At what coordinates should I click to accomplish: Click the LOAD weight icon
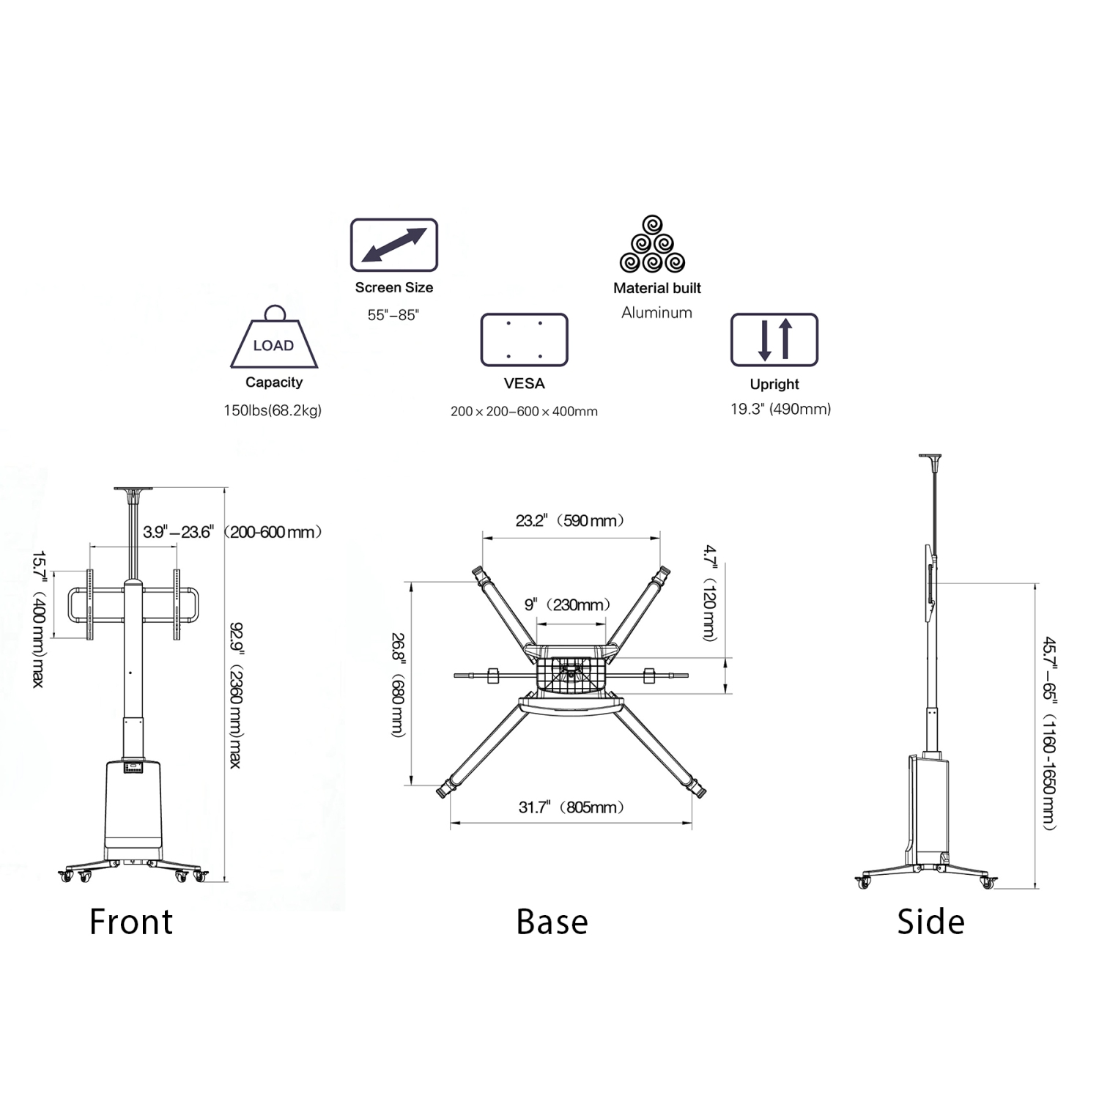pyautogui.click(x=274, y=338)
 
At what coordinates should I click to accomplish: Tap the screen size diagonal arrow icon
pyautogui.click(x=394, y=245)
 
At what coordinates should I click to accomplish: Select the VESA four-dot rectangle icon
pyautogui.click(x=525, y=340)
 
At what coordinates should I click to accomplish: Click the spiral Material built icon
pyautogui.click(x=652, y=245)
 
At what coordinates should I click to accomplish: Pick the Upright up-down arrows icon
pyautogui.click(x=774, y=340)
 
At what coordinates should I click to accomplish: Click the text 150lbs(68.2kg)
pyautogui.click(x=273, y=410)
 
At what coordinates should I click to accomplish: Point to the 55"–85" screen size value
pyautogui.click(x=393, y=315)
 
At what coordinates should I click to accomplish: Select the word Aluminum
pyautogui.click(x=656, y=313)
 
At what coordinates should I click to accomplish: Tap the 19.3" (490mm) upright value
pyautogui.click(x=780, y=409)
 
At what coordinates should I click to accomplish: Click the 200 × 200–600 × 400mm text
pyautogui.click(x=524, y=412)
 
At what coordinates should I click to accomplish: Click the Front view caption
pyautogui.click(x=131, y=922)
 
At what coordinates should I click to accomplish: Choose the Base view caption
pyautogui.click(x=552, y=922)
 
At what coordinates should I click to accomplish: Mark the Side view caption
pyautogui.click(x=930, y=922)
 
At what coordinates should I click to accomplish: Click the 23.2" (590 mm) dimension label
pyautogui.click(x=570, y=521)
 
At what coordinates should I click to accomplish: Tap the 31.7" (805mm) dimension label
pyautogui.click(x=571, y=807)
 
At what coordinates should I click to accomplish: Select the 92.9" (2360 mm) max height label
pyautogui.click(x=236, y=695)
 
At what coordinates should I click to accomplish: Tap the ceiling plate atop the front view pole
pyautogui.click(x=133, y=490)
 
